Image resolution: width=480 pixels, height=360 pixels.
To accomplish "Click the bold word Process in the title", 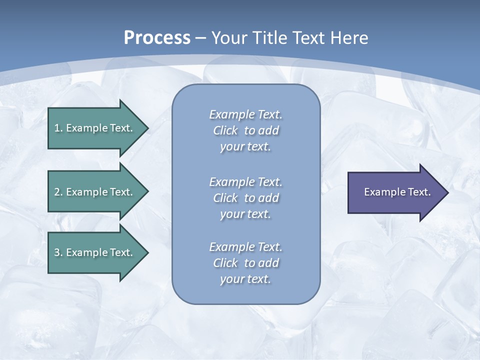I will pos(157,38).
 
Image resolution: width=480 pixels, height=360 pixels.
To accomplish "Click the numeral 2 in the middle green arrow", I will pos(57,192).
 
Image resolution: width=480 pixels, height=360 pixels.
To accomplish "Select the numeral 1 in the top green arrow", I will pos(57,128).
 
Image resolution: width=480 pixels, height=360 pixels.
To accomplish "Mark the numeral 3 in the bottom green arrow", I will pos(57,252).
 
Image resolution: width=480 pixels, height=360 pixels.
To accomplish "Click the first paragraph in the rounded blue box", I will pos(245,130).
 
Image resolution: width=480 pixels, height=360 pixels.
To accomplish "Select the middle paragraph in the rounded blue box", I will pos(245,198).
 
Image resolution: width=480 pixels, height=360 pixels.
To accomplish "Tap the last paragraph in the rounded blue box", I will pos(245,263).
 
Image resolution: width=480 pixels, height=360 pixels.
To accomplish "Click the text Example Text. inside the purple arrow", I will pos(397,192).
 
